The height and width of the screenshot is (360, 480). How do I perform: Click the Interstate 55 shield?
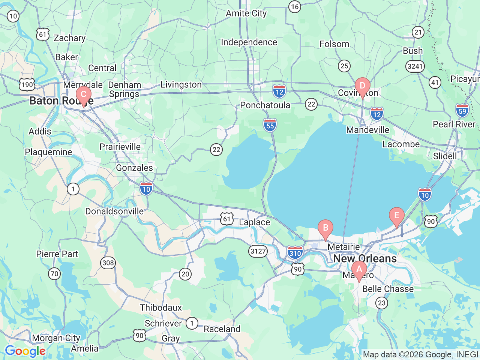click(270, 125)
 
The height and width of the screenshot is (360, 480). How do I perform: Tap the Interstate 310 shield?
click(295, 253)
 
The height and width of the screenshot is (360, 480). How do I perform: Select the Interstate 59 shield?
click(462, 110)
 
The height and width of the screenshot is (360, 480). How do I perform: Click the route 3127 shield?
click(258, 251)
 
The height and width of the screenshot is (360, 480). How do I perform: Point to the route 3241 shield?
click(415, 66)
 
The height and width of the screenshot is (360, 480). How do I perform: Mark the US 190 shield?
click(27, 84)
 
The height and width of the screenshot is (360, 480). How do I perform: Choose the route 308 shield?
click(108, 262)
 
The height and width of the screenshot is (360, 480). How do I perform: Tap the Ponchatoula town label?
click(265, 105)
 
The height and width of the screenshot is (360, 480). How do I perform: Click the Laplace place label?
click(254, 222)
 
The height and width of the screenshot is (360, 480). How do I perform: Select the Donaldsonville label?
click(114, 211)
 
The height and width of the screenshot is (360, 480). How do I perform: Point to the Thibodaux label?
click(161, 307)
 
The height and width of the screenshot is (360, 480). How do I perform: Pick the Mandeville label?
click(367, 130)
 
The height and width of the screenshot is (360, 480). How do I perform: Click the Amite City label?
click(246, 13)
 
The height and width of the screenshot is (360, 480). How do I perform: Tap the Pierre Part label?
click(57, 254)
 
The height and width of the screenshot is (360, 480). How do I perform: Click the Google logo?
click(25, 351)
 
